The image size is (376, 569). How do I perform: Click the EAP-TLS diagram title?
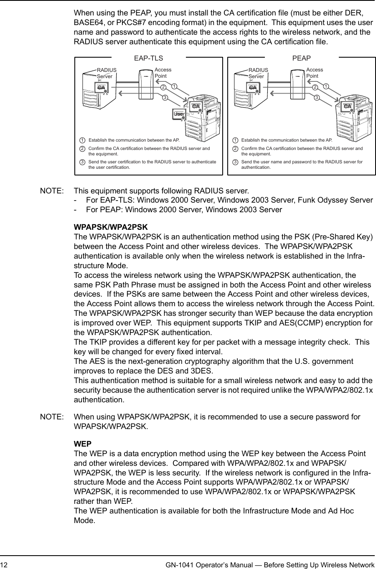coord(148,58)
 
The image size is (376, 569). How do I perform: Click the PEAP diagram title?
coord(301,58)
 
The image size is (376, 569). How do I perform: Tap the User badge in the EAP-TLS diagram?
coord(179,114)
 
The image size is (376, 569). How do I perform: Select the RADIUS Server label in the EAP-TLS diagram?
coord(107,73)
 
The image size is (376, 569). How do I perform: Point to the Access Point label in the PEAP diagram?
coord(314,73)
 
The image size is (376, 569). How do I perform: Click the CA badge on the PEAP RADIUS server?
coord(252,87)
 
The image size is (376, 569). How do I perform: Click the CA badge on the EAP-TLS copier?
coord(195,106)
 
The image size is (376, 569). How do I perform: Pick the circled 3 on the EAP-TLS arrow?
coord(165,98)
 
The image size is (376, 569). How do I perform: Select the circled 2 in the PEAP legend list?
coord(236,149)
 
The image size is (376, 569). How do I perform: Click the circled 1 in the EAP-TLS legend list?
coord(83,140)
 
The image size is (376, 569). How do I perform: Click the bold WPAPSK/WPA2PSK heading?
coord(111,227)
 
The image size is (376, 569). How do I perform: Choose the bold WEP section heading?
coord(83,444)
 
